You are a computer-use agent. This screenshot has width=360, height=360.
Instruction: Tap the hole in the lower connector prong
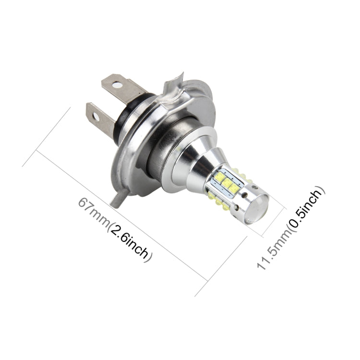(96, 116)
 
